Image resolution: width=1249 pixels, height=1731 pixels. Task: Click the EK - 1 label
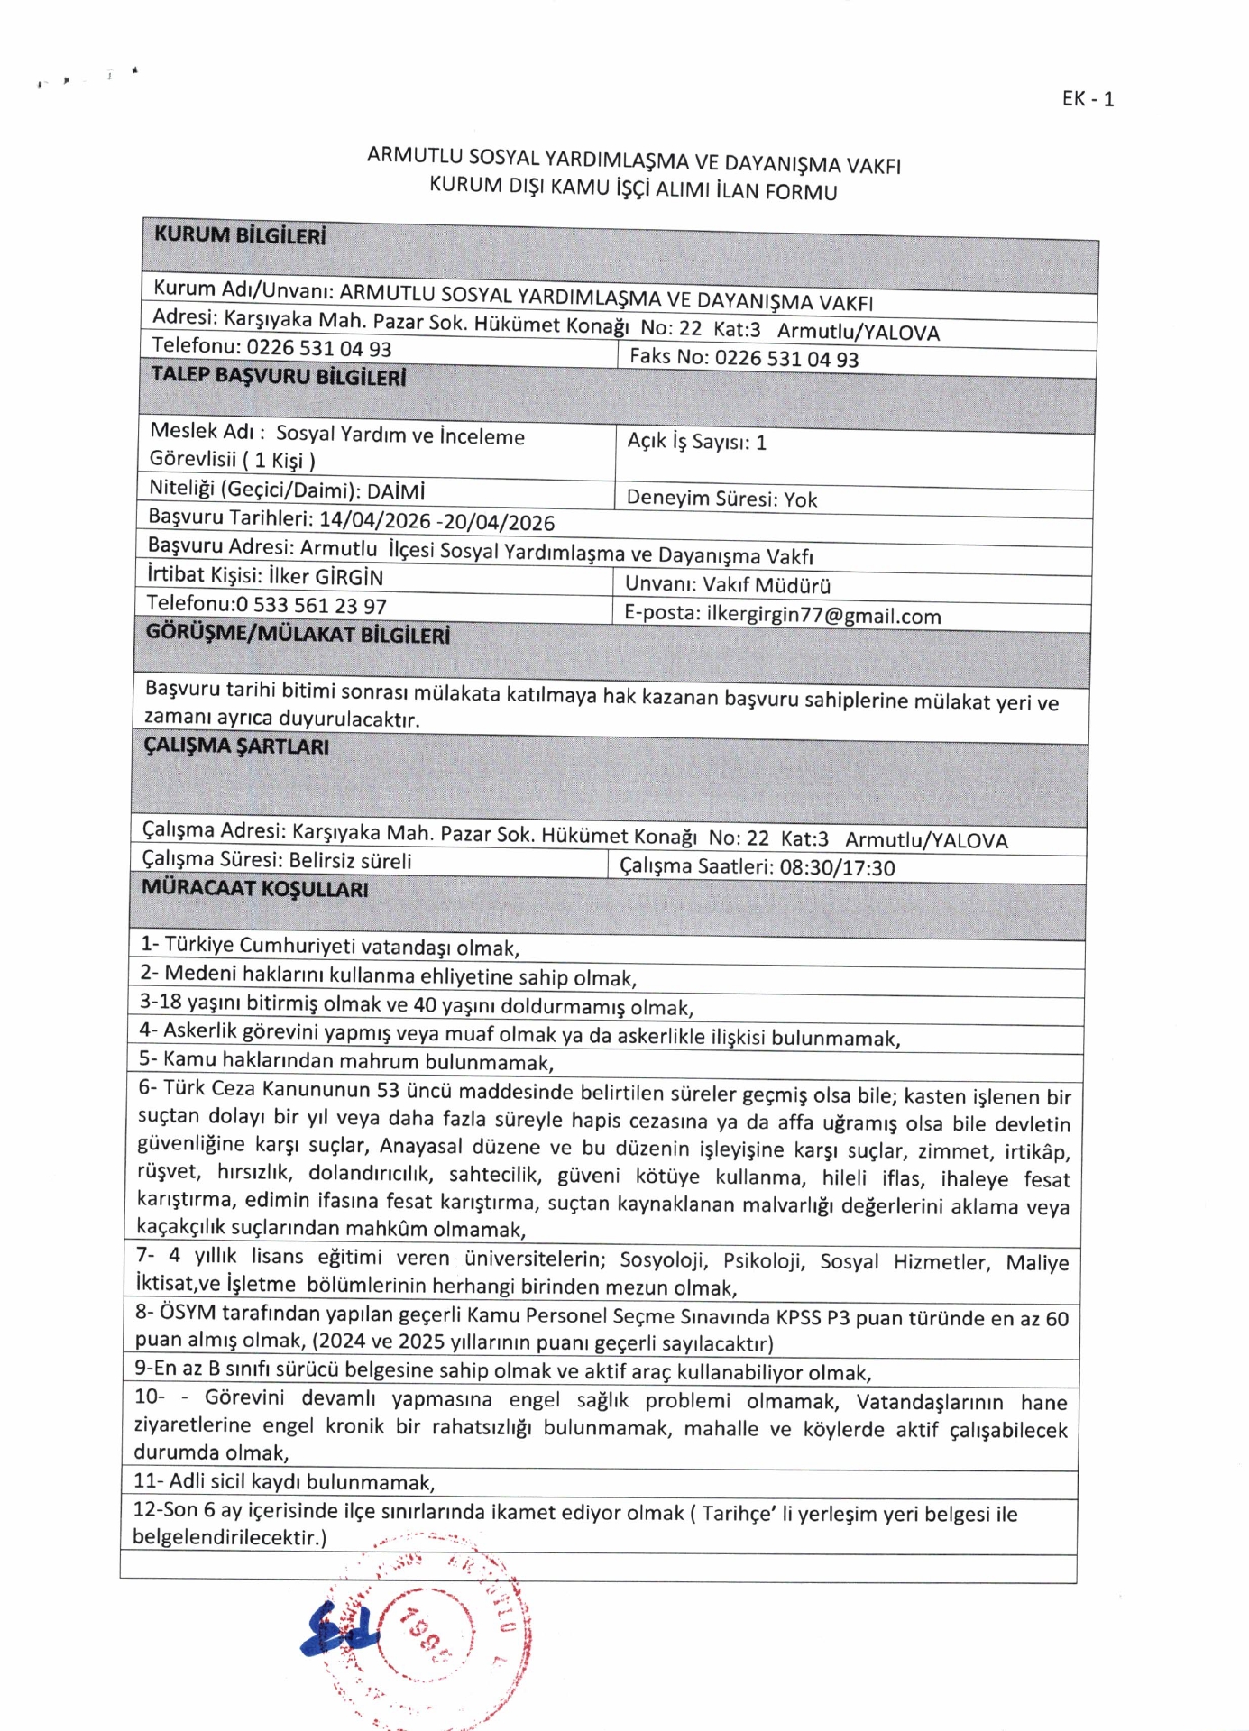1088,99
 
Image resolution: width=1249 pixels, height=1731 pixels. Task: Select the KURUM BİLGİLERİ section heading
240,235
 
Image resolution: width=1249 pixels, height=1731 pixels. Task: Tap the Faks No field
743,358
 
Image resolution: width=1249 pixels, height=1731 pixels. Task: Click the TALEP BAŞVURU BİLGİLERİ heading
278,376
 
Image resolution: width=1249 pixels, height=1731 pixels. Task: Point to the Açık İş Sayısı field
696,442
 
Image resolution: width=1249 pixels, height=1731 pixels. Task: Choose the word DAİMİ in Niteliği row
396,492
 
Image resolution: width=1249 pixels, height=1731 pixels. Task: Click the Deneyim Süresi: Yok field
721,499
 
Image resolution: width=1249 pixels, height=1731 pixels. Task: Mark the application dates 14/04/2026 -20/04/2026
436,521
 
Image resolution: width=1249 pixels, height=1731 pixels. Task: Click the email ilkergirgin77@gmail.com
823,616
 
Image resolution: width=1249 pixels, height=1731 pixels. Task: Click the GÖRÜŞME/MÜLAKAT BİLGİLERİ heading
298,634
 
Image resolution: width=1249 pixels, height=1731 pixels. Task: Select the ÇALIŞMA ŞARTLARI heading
236,746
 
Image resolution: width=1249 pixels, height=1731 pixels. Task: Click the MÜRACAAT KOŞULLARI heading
254,889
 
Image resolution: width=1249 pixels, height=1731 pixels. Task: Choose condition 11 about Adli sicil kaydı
284,1482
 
